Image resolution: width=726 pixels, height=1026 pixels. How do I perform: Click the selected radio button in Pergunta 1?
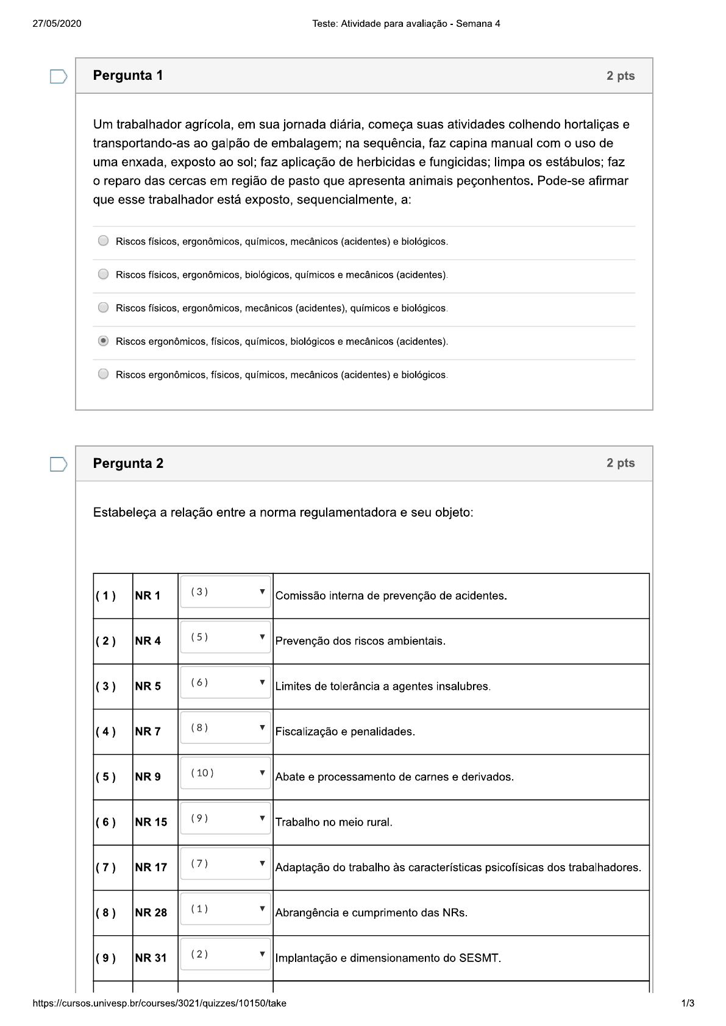click(103, 341)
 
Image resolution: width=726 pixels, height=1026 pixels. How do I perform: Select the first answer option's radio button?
click(103, 241)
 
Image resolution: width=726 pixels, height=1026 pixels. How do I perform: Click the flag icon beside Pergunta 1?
click(58, 76)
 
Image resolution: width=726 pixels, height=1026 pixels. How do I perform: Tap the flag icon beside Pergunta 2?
click(58, 464)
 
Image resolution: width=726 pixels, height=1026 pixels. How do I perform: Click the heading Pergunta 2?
click(128, 464)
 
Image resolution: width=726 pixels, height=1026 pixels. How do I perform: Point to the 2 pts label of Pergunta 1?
click(620, 76)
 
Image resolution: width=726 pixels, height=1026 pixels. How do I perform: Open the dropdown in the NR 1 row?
click(225, 592)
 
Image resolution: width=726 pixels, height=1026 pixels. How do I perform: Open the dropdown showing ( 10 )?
click(225, 773)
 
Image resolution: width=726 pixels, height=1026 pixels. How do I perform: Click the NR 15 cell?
click(151, 823)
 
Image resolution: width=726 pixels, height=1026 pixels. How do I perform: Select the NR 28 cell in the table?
click(151, 913)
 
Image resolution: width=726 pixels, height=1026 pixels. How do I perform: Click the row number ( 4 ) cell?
click(105, 732)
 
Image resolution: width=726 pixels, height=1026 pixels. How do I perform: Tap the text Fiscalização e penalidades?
click(345, 732)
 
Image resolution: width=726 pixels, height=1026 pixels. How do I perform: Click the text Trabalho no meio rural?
click(333, 823)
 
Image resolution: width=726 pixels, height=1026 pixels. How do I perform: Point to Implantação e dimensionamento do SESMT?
click(388, 958)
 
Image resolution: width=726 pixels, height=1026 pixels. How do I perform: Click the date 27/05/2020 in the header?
click(57, 24)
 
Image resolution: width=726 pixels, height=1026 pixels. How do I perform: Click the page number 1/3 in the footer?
click(687, 1003)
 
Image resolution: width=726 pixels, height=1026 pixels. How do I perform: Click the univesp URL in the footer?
click(159, 1003)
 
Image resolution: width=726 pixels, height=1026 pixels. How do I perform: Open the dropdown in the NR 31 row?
click(225, 955)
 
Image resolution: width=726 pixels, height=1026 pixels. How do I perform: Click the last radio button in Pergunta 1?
click(103, 374)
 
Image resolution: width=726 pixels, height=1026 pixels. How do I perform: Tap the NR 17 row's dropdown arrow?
click(262, 863)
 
